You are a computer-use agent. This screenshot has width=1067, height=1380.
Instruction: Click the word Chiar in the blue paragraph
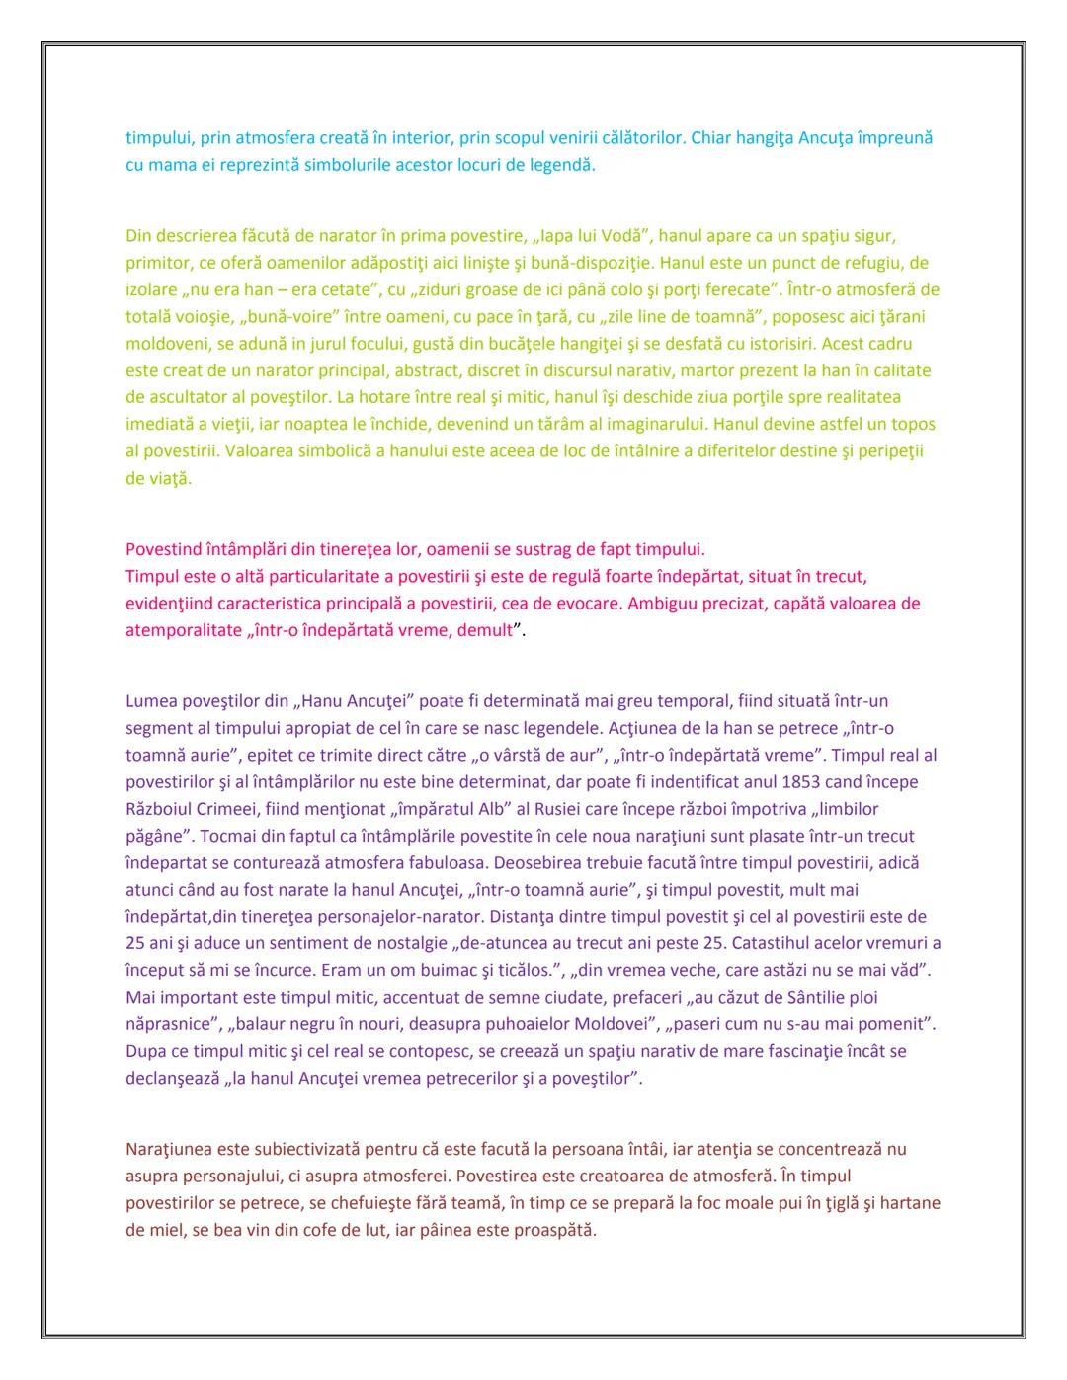coord(711,138)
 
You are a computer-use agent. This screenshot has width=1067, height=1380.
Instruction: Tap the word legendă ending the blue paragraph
coord(563,165)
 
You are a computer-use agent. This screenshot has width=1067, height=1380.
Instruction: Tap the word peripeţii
coord(895,451)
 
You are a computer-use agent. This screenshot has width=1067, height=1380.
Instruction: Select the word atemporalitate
coord(183,630)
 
